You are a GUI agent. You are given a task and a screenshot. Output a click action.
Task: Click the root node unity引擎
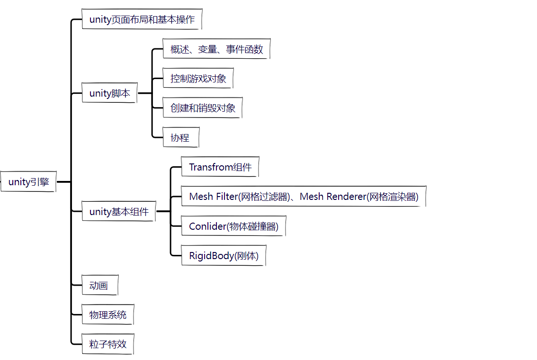28,182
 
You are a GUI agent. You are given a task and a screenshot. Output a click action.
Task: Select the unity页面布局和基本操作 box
142,19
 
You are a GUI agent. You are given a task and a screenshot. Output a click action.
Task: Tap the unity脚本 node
109,93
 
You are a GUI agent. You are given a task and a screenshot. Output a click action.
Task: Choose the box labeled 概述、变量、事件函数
216,49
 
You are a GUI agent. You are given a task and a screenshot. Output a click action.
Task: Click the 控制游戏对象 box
198,79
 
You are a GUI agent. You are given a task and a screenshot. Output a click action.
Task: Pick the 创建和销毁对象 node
203,108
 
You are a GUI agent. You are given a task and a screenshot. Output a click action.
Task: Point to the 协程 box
180,137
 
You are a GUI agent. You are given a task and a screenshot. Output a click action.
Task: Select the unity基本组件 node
119,211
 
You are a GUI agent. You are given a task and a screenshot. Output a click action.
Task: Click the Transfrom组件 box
220,167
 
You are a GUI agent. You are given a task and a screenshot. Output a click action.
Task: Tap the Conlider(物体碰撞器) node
234,226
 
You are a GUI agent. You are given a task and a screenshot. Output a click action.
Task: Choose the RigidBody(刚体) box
224,256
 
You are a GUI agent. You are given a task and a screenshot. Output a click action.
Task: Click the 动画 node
99,285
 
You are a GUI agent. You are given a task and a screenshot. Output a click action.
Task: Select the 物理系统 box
108,315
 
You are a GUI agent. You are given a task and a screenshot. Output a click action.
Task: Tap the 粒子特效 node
108,344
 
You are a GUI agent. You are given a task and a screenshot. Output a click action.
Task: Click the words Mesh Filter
213,197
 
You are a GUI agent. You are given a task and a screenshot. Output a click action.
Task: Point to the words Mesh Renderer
333,197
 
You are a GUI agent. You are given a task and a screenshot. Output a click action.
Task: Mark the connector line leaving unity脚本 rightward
144,93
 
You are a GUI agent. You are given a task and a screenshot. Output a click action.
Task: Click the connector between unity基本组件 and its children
163,211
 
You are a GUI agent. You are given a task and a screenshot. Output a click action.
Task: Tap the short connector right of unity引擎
63,182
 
